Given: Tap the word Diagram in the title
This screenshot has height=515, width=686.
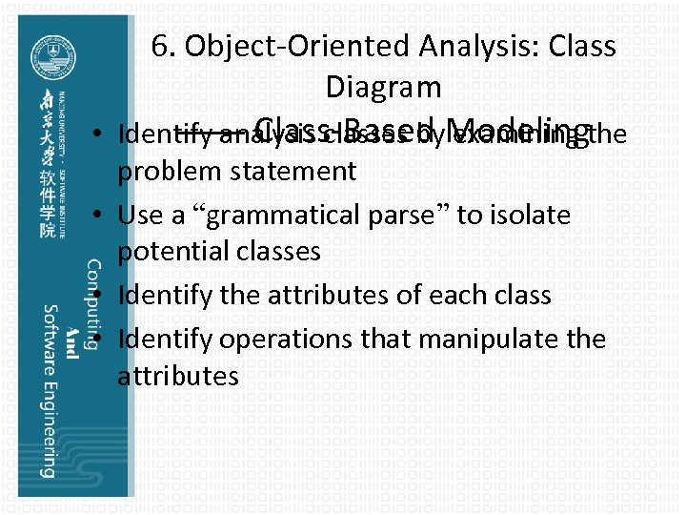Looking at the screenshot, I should point(383,87).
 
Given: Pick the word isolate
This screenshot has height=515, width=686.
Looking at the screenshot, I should point(529,215).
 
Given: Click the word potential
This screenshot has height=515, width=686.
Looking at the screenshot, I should point(176,252).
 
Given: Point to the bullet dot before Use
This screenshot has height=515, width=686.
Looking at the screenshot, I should point(100,215).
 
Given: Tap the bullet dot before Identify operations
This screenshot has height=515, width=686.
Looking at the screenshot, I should point(100,339).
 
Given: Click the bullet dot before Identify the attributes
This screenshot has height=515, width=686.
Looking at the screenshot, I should point(100,296).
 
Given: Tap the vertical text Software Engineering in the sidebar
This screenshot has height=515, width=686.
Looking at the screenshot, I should point(47,391).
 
